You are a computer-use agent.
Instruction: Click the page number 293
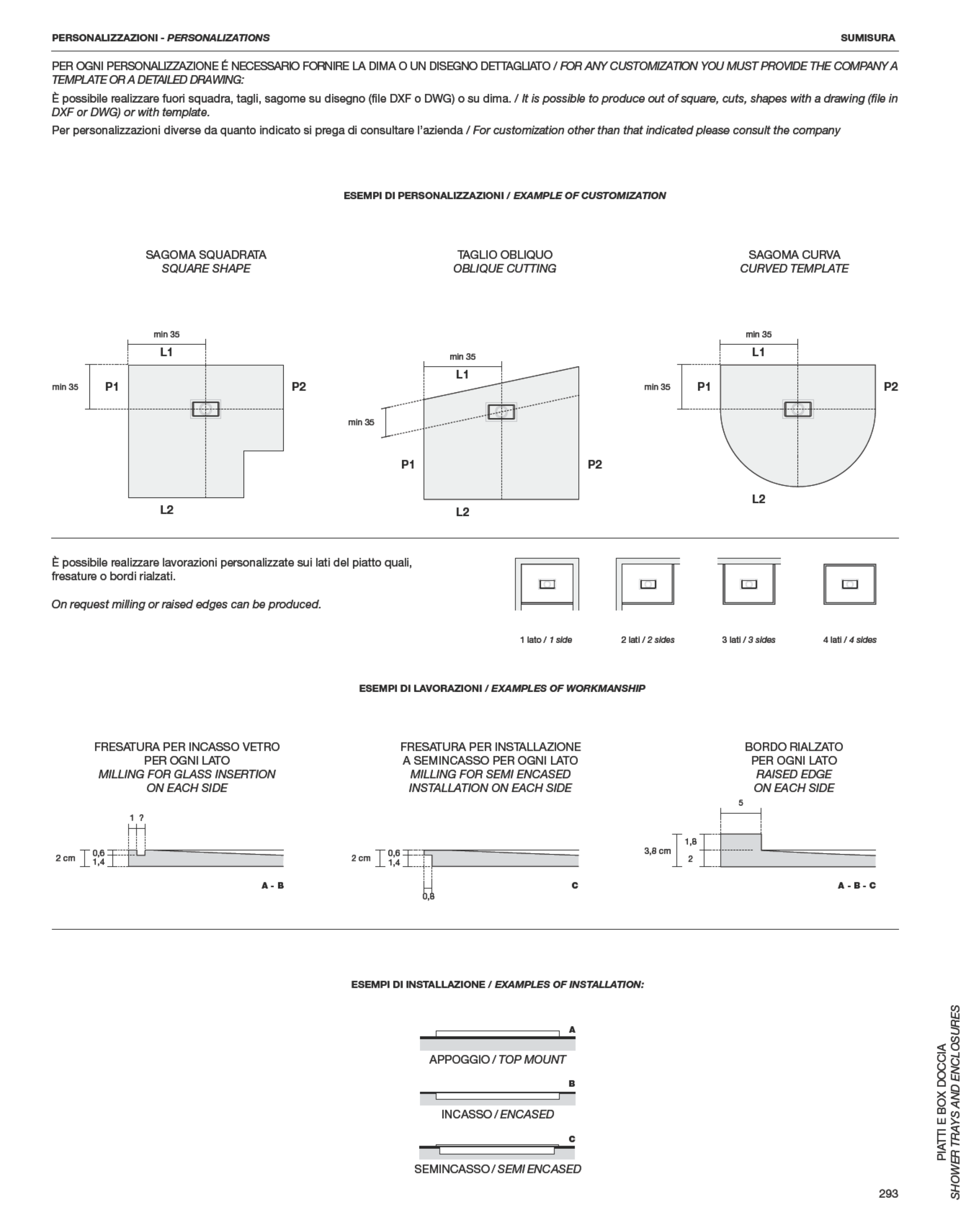(x=888, y=1193)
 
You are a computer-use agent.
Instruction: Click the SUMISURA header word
(x=867, y=38)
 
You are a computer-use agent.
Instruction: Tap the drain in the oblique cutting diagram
(x=501, y=411)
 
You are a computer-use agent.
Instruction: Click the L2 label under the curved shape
(x=758, y=499)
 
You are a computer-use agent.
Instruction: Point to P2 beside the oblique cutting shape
(x=594, y=464)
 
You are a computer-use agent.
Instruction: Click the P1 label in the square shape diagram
(x=112, y=386)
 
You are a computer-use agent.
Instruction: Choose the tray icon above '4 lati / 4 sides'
(x=849, y=584)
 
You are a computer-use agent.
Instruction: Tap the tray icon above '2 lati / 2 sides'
(x=648, y=584)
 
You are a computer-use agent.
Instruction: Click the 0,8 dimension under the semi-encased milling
(x=428, y=897)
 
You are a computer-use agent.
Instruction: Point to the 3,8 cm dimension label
(x=657, y=851)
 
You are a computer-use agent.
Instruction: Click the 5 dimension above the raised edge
(x=741, y=803)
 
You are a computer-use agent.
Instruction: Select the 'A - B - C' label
(x=856, y=885)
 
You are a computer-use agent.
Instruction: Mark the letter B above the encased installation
(x=572, y=1083)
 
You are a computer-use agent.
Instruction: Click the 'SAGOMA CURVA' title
(x=794, y=255)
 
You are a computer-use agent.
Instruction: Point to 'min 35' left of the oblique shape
(x=361, y=422)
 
